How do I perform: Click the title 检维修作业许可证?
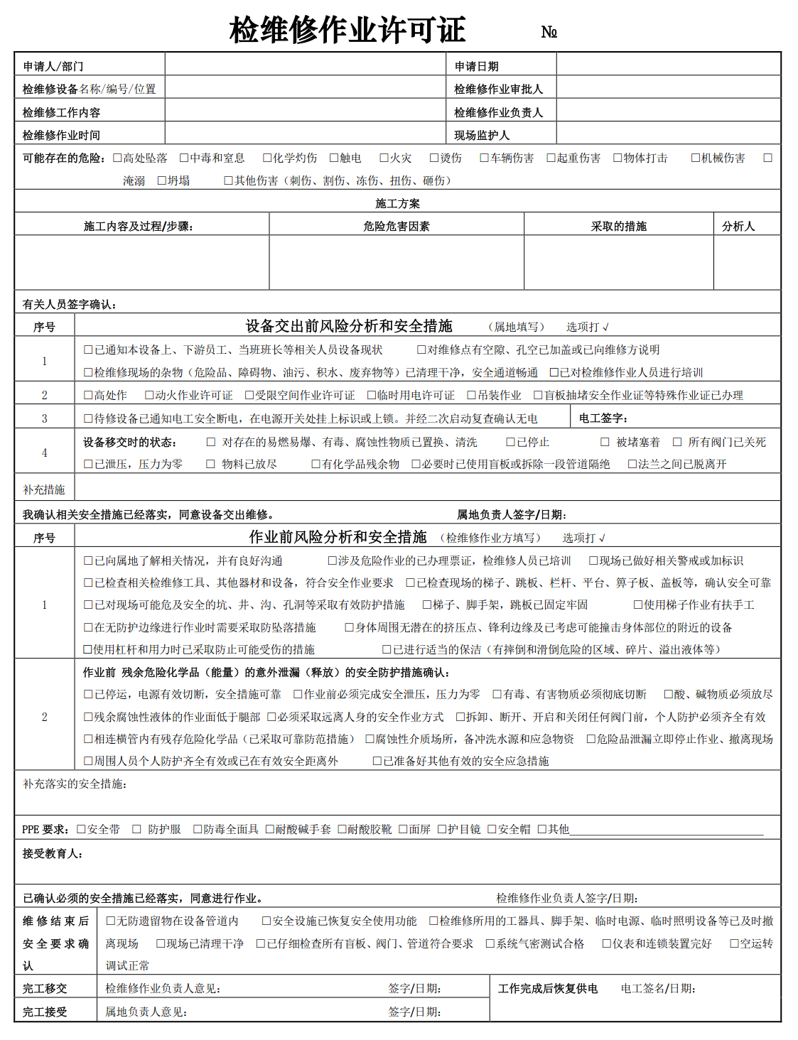click(347, 31)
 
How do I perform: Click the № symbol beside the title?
click(549, 32)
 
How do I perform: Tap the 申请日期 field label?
click(476, 66)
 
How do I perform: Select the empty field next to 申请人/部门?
click(305, 65)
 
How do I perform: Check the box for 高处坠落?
click(118, 158)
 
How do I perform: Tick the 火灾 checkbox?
click(384, 158)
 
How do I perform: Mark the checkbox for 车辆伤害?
click(484, 158)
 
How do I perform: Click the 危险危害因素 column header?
click(397, 226)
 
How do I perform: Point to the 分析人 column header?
click(738, 226)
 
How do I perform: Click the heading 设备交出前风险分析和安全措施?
click(349, 326)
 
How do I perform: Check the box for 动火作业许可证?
click(149, 395)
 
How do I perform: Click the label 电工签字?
click(603, 418)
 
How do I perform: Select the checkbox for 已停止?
click(510, 442)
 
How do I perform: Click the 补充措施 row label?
click(44, 489)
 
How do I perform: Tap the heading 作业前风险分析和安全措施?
click(338, 537)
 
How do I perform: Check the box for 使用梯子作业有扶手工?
click(638, 605)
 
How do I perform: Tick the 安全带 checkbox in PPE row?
click(81, 829)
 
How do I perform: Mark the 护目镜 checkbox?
click(441, 829)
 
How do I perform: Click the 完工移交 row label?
click(45, 988)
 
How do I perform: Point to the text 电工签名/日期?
click(658, 988)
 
